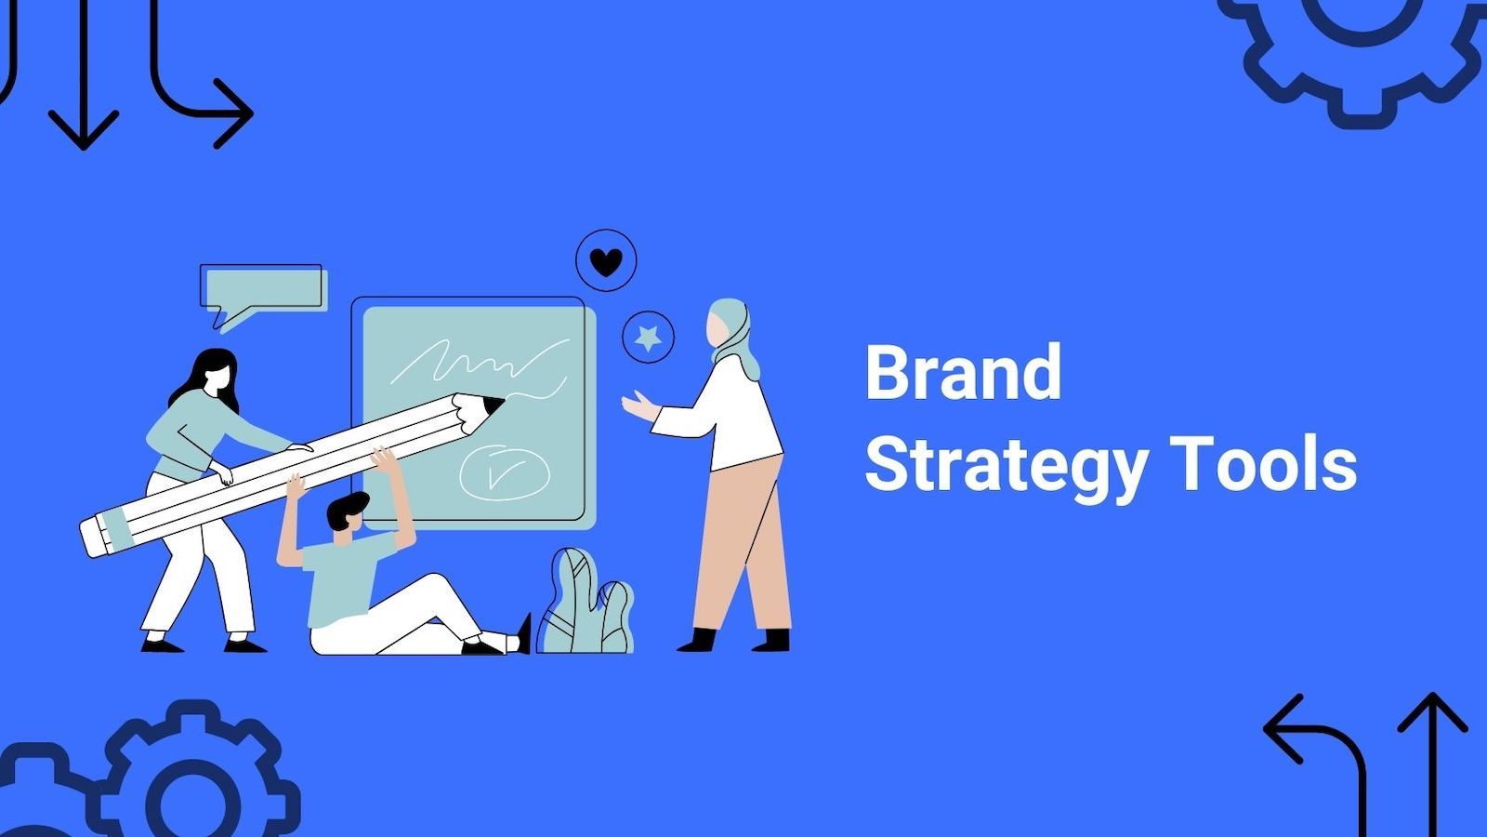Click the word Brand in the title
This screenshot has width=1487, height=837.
coord(963,372)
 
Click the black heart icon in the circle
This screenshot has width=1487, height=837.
coord(606,262)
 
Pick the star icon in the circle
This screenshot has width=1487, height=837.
coord(648,338)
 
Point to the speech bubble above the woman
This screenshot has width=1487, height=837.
coord(262,288)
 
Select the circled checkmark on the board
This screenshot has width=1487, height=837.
coord(503,473)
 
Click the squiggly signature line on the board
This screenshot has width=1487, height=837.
coord(474,363)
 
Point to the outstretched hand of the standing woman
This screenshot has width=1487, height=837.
coord(638,406)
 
